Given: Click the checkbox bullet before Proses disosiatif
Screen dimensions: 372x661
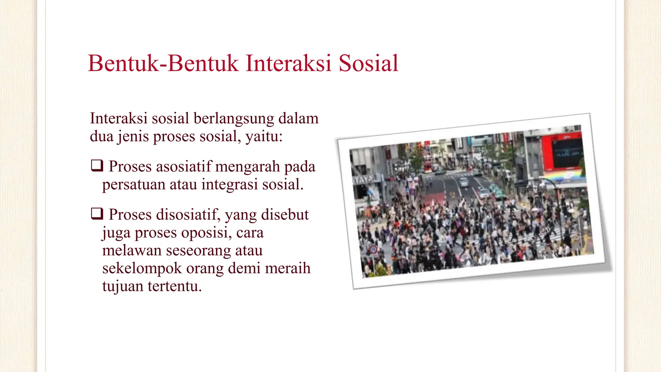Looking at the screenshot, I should click(97, 213).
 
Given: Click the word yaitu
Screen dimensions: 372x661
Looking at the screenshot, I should click(264, 136).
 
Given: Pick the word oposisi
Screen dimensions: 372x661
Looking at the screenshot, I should click(206, 232).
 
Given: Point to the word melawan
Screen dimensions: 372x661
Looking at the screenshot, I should click(132, 251).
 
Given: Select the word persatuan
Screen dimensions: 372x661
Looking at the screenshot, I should click(134, 184).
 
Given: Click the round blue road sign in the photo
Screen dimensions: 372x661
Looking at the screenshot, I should click(373, 249).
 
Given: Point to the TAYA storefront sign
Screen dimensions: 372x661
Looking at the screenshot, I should click(363, 180).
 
